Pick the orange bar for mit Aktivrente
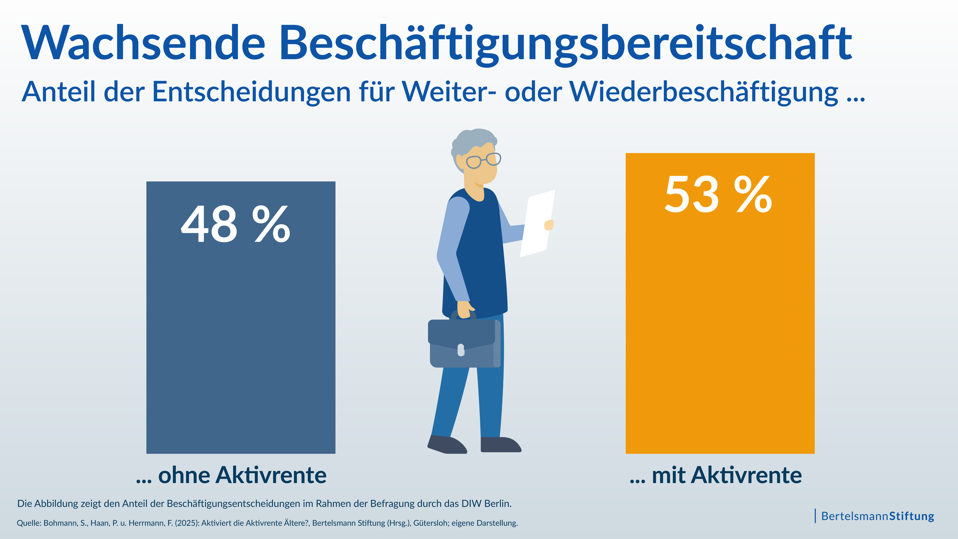coord(720,335)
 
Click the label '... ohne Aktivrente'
coord(231,475)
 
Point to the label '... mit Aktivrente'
coord(716,475)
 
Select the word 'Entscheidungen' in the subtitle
coord(251,92)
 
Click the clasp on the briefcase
coord(461,350)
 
